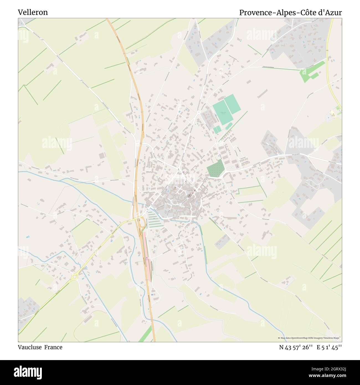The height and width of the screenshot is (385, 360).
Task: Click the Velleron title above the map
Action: (x=33, y=12)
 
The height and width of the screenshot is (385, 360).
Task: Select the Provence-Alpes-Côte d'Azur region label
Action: (x=290, y=12)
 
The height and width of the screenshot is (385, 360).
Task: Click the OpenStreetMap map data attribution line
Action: (x=309, y=338)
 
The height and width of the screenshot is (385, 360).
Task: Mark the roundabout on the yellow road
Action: (x=74, y=276)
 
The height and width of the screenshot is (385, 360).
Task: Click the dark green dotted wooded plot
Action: (x=215, y=168)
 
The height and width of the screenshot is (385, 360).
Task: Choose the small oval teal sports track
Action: (x=229, y=126)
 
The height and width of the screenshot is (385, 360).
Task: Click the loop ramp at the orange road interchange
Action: (x=143, y=222)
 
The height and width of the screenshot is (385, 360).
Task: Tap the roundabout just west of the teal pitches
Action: (x=199, y=112)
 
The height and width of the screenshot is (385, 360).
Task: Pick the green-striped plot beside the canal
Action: (x=152, y=219)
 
